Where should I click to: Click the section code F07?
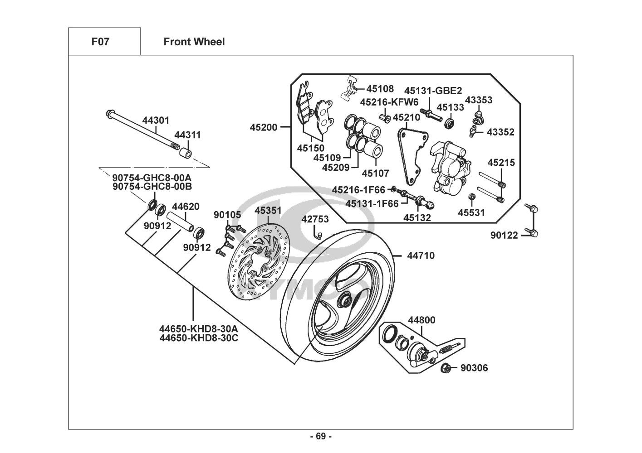tap(100, 42)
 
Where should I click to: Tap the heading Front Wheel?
tap(194, 42)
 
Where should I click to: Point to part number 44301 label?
tap(156, 120)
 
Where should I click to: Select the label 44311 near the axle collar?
tap(187, 135)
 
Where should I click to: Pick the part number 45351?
tap(268, 211)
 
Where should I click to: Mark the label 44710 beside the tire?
tap(421, 255)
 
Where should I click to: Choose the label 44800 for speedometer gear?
tap(421, 320)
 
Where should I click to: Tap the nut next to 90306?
tap(446, 368)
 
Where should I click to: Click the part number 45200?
tap(263, 127)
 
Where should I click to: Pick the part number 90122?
tap(504, 235)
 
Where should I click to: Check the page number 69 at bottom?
tap(321, 436)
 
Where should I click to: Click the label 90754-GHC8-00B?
tap(152, 186)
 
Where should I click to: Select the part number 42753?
tap(315, 219)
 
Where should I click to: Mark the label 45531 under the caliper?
tap(471, 212)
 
